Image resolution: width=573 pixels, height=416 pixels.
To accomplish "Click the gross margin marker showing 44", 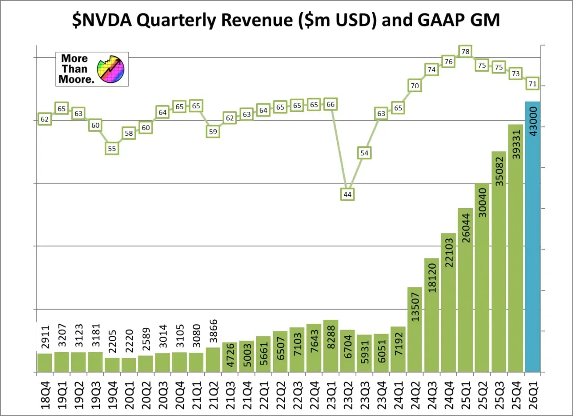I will pyautogui.click(x=347, y=194).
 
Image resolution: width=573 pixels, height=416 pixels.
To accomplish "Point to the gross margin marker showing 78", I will pyautogui.click(x=466, y=52).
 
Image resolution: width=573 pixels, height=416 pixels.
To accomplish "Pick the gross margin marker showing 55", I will pyautogui.click(x=112, y=149).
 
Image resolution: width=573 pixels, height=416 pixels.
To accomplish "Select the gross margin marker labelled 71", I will pyautogui.click(x=533, y=84).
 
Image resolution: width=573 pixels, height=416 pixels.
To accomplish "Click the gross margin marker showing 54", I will pyautogui.click(x=364, y=153).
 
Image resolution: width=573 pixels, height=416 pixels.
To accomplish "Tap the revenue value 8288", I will pyautogui.click(x=331, y=336).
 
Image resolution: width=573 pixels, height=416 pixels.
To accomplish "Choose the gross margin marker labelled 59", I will pyautogui.click(x=213, y=132).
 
